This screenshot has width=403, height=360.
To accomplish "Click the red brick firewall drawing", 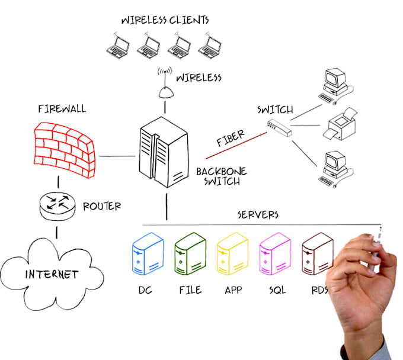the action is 64,149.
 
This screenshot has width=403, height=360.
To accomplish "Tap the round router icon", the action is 57,206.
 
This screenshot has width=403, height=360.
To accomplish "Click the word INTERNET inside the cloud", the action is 52,274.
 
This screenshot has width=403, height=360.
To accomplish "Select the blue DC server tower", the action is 148,253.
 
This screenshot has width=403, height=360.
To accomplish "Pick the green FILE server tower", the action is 190,253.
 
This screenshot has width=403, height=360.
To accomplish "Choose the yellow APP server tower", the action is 232,253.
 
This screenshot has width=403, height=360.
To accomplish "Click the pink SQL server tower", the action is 275,253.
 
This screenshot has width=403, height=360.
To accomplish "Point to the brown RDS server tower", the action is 318,253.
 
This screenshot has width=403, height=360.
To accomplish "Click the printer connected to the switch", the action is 340,124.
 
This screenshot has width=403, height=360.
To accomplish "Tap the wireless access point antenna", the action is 165,83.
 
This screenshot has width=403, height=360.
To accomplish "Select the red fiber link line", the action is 236,146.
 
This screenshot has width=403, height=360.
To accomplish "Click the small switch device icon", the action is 279,128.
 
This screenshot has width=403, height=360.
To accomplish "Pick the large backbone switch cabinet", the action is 164,152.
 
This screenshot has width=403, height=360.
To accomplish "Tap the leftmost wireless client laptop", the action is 118,46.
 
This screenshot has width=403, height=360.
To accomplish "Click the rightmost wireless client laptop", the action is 210,46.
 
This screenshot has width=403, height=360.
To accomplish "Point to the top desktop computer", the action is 335,86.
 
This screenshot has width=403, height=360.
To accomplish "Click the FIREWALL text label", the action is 62,109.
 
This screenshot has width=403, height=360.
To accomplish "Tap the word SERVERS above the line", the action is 258,215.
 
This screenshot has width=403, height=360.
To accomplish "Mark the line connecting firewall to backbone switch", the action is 117,156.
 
